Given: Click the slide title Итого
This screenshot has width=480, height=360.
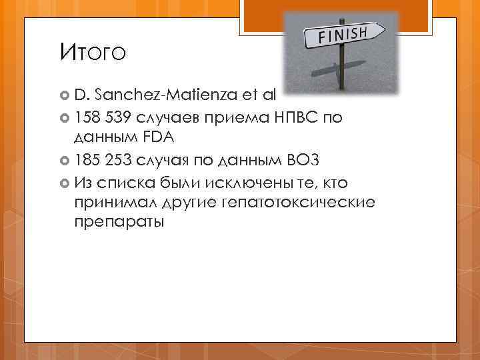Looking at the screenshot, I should point(91,51).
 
